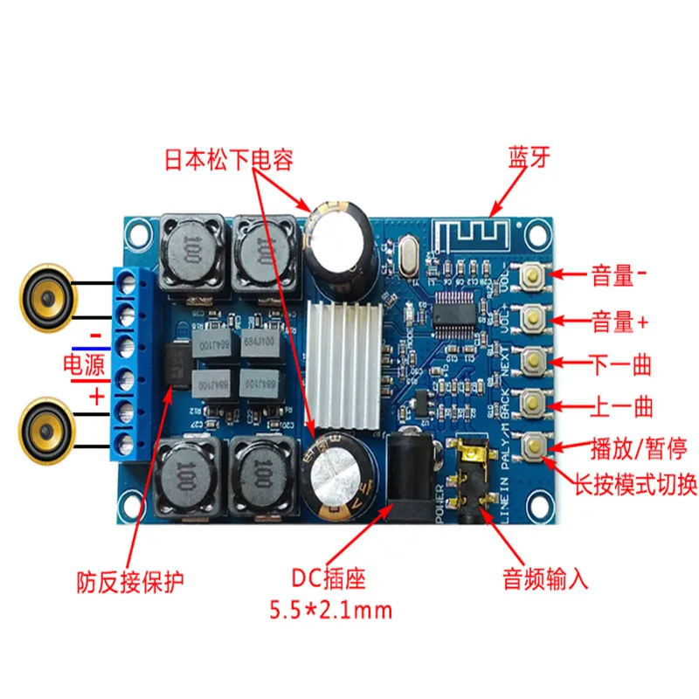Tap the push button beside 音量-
[x=532, y=277]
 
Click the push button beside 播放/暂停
[x=532, y=447]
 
